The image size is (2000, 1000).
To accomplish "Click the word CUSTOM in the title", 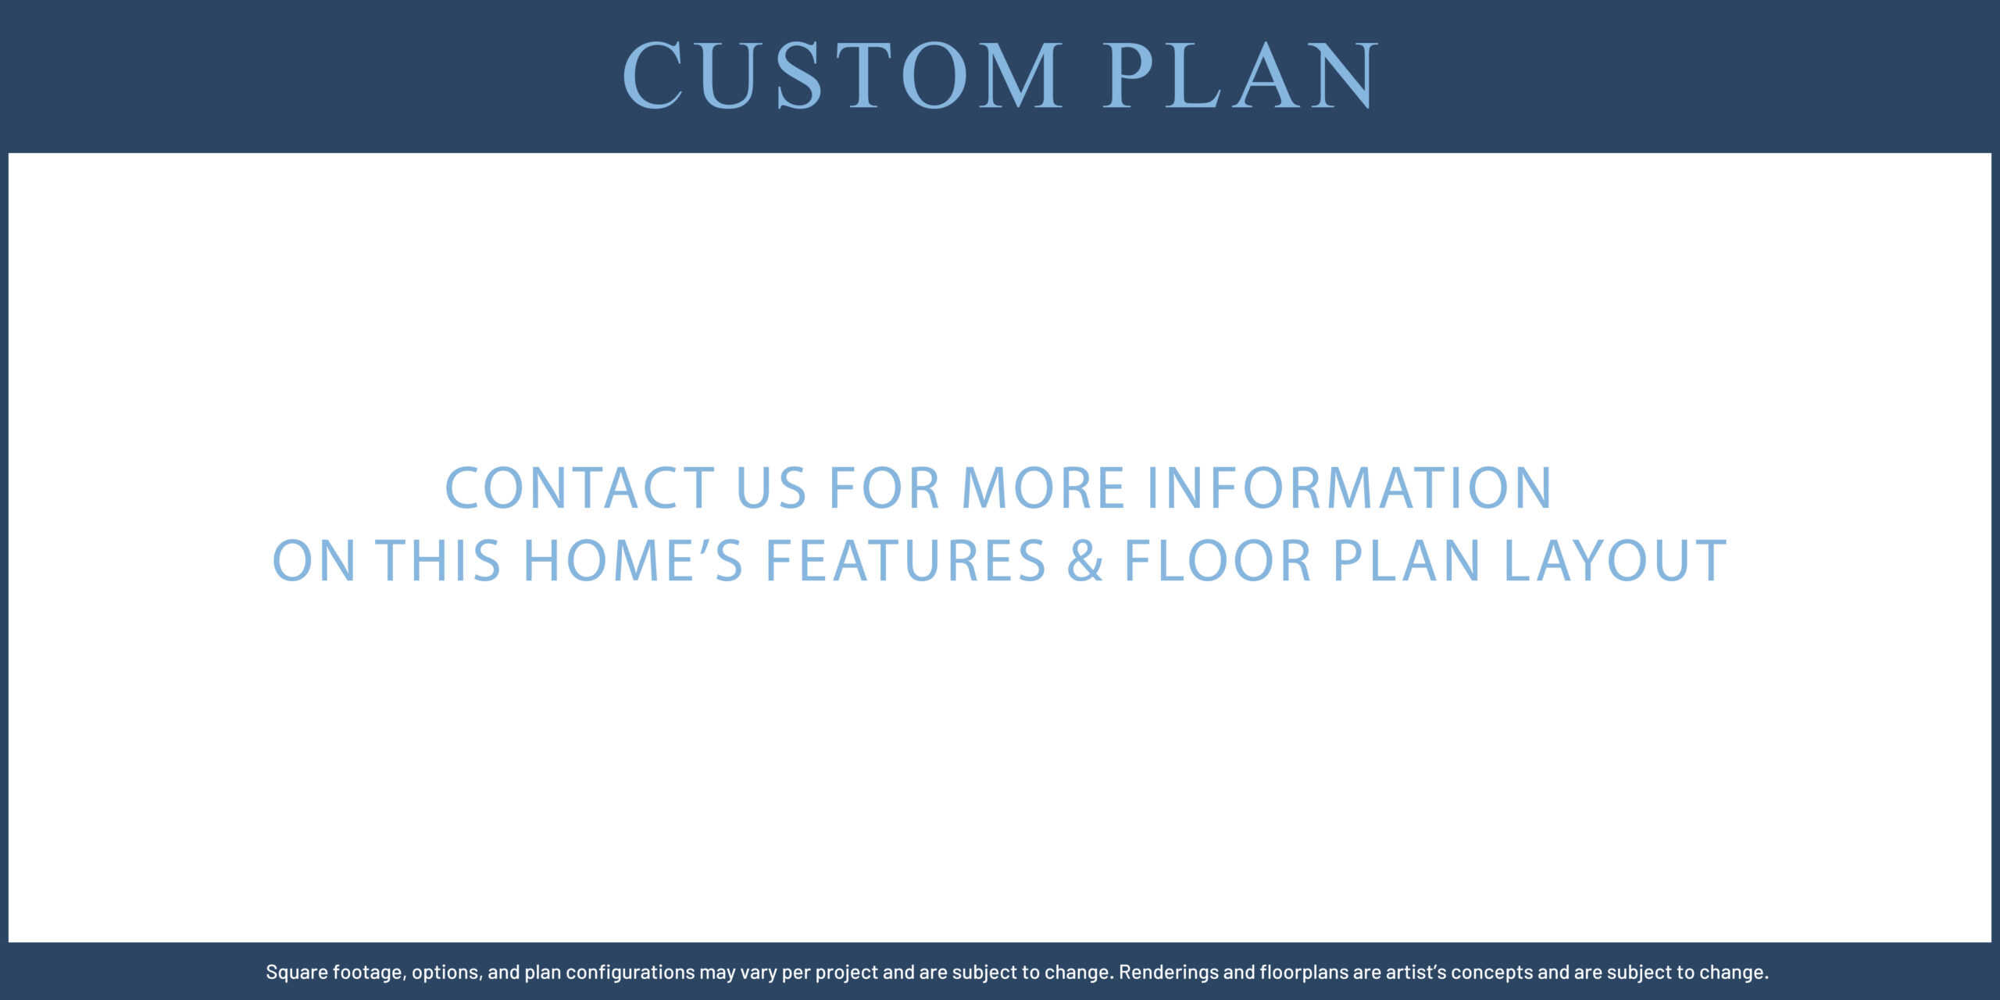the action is (842, 76).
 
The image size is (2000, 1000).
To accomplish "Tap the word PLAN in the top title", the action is (1241, 76).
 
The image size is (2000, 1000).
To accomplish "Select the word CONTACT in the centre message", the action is (580, 488).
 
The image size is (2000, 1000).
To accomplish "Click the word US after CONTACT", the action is (771, 488).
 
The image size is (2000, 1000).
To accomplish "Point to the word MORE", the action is (1043, 488).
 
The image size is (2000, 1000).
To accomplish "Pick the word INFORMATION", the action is (1349, 488).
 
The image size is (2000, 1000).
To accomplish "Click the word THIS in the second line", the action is (438, 560).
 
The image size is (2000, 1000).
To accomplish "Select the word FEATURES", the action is (905, 560).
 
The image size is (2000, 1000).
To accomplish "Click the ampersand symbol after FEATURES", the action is (1085, 560).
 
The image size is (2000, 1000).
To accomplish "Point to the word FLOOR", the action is (1217, 560).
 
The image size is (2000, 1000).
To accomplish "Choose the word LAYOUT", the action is (1615, 560).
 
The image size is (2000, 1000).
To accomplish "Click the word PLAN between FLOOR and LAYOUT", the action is (1406, 560).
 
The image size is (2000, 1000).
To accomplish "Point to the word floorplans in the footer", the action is (1305, 973).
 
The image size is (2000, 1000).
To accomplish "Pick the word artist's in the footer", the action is (1416, 973).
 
